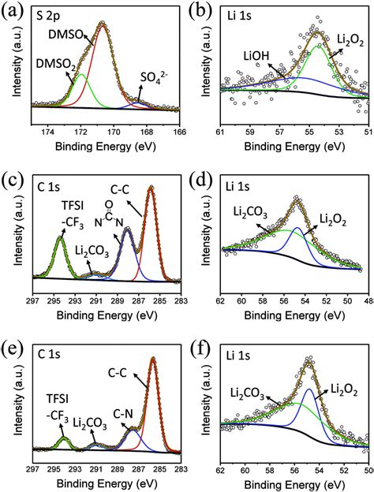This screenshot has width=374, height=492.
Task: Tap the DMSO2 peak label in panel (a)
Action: (55, 65)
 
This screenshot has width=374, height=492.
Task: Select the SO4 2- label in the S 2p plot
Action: (154, 77)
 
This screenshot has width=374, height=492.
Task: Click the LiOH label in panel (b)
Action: (256, 56)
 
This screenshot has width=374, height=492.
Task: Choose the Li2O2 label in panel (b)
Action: (350, 41)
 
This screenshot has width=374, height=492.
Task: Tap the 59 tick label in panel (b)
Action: (250, 132)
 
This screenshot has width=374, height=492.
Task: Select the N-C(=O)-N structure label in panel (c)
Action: (109, 214)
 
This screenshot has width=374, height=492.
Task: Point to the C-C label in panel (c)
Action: (120, 190)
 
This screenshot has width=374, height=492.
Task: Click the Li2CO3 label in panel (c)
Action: (92, 252)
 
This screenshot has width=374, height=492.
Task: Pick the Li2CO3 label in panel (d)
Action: (250, 212)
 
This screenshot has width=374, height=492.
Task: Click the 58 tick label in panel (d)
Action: (263, 300)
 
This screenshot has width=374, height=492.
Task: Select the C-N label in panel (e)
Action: (123, 414)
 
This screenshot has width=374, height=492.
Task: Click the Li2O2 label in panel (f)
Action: (345, 390)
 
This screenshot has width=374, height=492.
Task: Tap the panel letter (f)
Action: (200, 352)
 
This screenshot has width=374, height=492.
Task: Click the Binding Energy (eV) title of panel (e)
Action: (107, 484)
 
